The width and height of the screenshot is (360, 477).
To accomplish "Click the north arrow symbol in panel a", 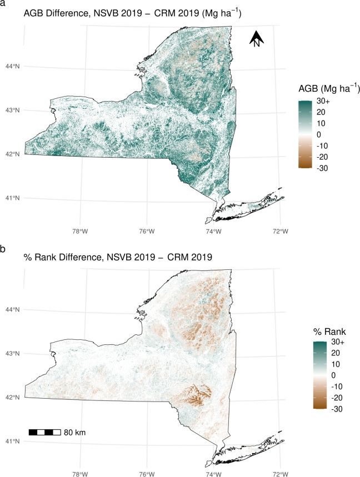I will point(256,39).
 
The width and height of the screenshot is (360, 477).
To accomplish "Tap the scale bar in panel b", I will point(44,431).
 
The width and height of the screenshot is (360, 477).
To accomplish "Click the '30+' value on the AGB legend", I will point(324,103).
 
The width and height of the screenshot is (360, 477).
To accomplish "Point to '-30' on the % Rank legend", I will point(324,410).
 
